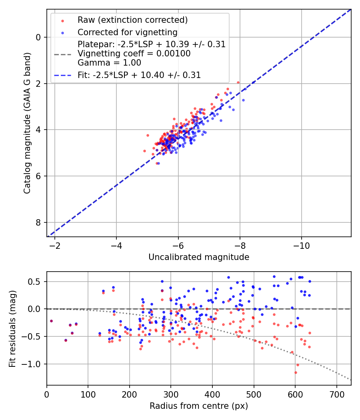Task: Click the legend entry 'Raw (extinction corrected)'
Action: click(132, 20)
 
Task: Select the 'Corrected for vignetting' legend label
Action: click(128, 32)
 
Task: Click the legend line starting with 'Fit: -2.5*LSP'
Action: click(139, 75)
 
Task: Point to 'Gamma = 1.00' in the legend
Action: click(109, 62)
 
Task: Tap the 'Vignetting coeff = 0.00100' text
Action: click(134, 53)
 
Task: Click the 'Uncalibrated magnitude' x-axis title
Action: click(199, 257)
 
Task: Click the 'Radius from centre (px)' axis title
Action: click(199, 406)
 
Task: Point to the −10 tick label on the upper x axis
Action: click(302, 245)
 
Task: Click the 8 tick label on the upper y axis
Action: click(39, 222)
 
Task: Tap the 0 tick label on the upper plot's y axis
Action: click(39, 37)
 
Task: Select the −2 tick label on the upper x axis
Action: click(55, 245)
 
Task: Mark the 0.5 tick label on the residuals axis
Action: click(36, 282)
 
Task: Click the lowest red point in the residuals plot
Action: click(296, 372)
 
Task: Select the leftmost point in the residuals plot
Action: click(51, 321)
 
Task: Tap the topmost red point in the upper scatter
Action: click(238, 82)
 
